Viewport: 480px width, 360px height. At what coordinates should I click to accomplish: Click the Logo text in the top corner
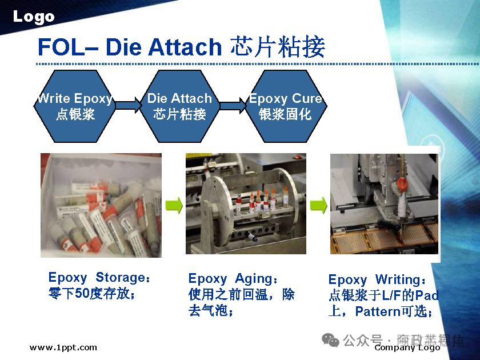[x=34, y=17]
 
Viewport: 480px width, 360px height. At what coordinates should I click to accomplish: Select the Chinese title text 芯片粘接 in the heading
[x=278, y=47]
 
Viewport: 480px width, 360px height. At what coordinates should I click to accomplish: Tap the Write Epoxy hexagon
[x=75, y=106]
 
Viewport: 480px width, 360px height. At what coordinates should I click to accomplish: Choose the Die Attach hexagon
[x=179, y=106]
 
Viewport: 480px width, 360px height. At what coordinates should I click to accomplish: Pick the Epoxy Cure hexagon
[x=285, y=106]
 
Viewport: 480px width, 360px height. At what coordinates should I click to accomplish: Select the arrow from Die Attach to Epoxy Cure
[x=233, y=105]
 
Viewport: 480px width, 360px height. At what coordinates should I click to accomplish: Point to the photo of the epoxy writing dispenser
[x=384, y=203]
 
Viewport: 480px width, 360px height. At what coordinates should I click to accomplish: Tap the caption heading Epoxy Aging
[x=233, y=279]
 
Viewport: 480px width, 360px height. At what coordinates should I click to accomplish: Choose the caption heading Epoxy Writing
[x=377, y=280]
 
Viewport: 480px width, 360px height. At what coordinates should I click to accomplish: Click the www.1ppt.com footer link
[x=63, y=347]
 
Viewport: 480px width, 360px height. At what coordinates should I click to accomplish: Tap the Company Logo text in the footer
[x=407, y=347]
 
